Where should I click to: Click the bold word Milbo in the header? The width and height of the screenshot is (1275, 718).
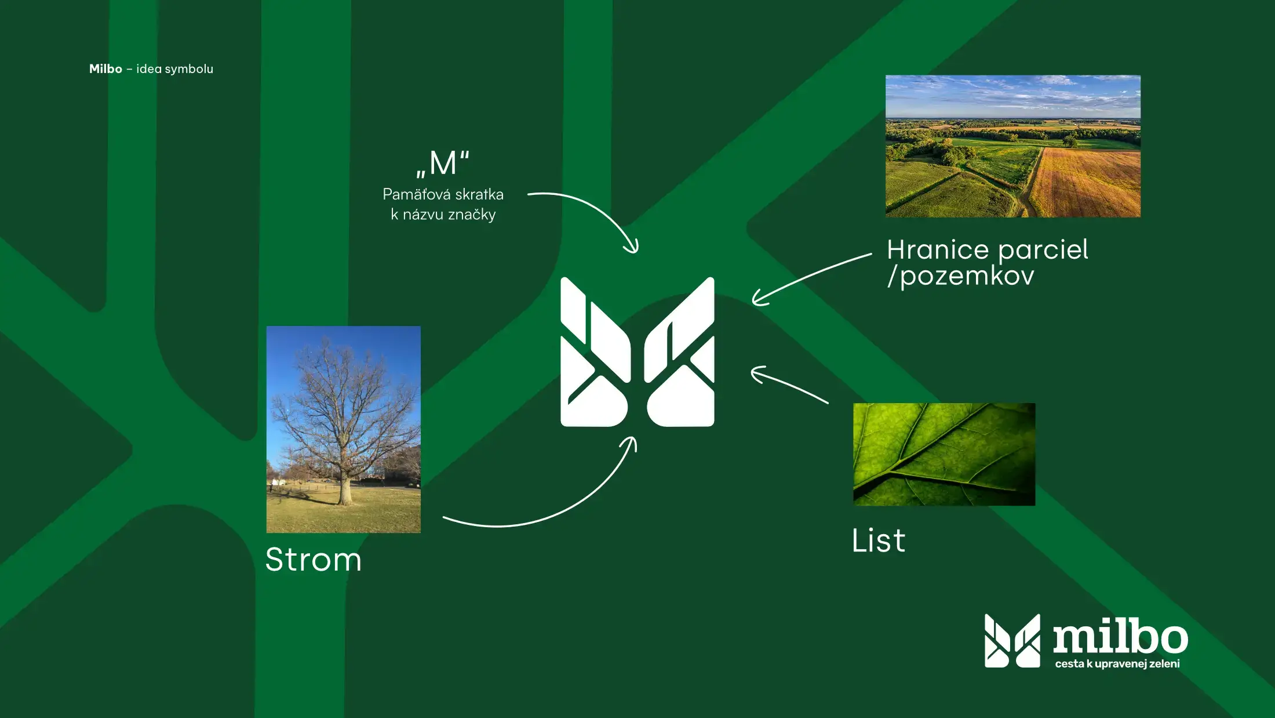(105, 68)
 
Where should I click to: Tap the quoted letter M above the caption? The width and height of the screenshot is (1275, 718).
(443, 163)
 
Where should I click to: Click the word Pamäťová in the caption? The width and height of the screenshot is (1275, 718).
(415, 194)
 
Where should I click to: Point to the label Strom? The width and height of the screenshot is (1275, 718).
(314, 560)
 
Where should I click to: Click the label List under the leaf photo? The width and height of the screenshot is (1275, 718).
(878, 541)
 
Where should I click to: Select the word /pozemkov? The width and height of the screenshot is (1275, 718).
(960, 276)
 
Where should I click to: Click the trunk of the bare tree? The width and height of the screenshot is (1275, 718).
(345, 490)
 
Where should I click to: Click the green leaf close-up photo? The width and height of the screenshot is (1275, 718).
(944, 454)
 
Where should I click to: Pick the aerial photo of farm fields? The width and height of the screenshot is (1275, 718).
(1013, 146)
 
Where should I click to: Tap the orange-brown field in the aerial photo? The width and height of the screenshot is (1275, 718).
(1087, 183)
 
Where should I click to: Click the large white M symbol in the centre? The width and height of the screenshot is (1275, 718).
(637, 352)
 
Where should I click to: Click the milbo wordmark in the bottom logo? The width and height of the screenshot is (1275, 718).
(1120, 638)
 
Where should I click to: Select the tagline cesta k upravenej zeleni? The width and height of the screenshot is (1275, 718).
(1117, 663)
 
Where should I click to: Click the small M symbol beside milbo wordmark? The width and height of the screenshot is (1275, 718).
(1012, 641)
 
